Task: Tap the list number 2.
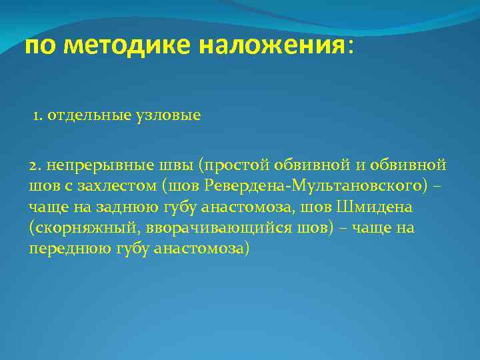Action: click(35, 165)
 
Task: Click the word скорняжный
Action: click(77, 229)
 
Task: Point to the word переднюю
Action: click(65, 250)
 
